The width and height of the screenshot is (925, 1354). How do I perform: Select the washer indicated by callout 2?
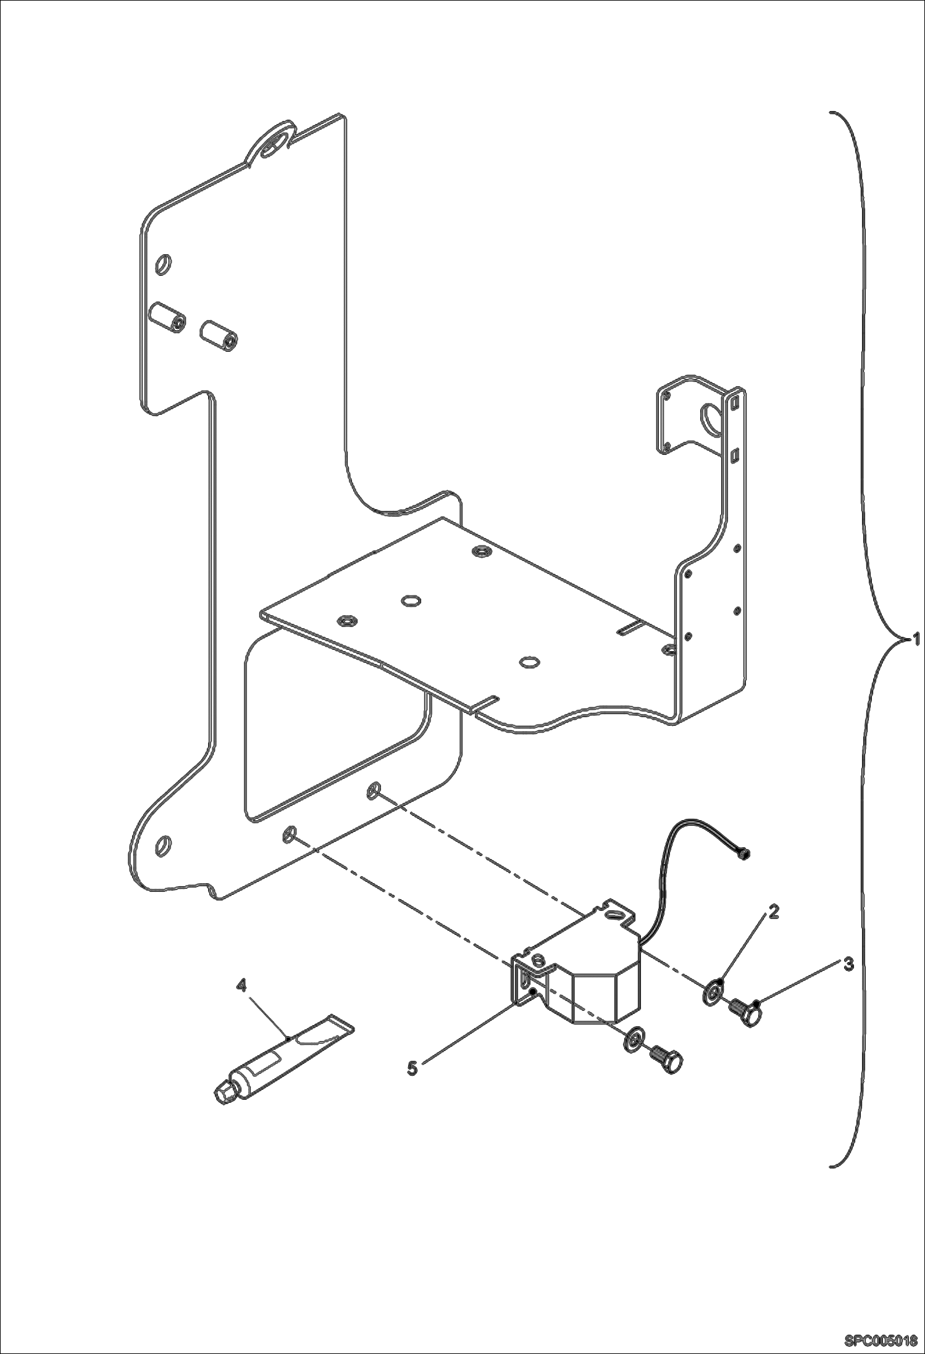click(713, 993)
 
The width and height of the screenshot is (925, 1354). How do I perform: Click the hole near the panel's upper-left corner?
click(165, 264)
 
